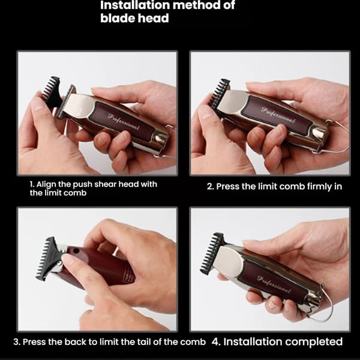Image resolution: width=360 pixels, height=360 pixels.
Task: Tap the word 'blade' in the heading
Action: (118, 18)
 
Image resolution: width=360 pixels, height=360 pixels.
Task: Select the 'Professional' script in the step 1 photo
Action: (123, 121)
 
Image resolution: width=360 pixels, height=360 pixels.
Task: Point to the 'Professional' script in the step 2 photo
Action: (278, 115)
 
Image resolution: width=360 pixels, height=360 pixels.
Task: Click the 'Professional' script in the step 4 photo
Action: (274, 284)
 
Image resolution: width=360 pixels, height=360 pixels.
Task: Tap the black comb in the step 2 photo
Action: (220, 93)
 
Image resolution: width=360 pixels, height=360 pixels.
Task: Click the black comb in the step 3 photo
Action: (47, 259)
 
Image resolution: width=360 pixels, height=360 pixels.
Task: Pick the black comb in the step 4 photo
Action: (211, 253)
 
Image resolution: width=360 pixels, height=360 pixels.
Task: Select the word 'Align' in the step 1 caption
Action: (46, 184)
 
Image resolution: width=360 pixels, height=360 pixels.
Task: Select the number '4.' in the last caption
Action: (216, 341)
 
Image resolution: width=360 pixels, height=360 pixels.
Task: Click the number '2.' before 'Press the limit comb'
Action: (211, 187)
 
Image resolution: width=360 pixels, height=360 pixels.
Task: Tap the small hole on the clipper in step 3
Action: (76, 251)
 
